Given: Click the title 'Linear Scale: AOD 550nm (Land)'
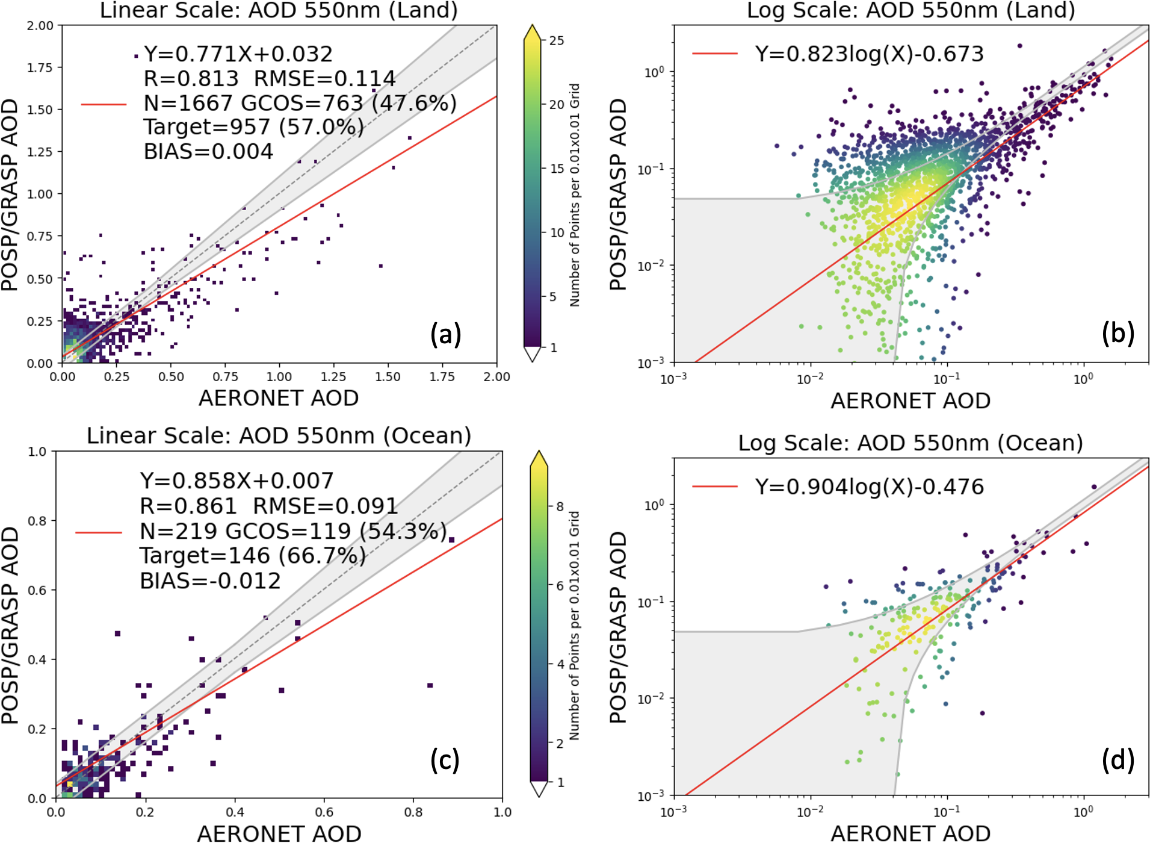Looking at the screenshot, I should pyautogui.click(x=278, y=10).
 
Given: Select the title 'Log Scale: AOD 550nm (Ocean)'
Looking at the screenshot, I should pyautogui.click(x=910, y=443).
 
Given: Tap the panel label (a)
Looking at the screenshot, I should pyautogui.click(x=445, y=334).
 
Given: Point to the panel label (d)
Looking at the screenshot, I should pyautogui.click(x=1118, y=760).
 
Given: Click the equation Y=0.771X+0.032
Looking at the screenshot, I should pyautogui.click(x=238, y=54).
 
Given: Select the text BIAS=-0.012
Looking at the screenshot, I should pyautogui.click(x=210, y=581).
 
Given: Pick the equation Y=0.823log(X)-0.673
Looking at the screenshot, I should pyautogui.click(x=869, y=54).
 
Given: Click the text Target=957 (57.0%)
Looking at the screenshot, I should pyautogui.click(x=253, y=127).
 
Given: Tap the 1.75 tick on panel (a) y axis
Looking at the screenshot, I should pyautogui.click(x=40, y=67).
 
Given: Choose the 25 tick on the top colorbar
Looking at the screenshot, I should pyautogui.click(x=557, y=41).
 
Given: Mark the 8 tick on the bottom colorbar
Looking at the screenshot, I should pyautogui.click(x=560, y=506).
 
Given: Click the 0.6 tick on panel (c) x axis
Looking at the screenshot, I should pyautogui.click(x=324, y=812).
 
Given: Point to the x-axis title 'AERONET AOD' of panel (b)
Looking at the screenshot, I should pyautogui.click(x=910, y=401).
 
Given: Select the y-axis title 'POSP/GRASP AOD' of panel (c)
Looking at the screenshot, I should pyautogui.click(x=10, y=625).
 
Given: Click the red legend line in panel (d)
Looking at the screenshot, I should pyautogui.click(x=714, y=487).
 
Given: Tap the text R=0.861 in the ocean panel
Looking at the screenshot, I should pyautogui.click(x=188, y=506).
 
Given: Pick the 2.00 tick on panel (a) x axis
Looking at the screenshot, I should pyautogui.click(x=496, y=377).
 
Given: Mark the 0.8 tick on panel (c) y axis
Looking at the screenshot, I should pyautogui.click(x=38, y=521).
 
